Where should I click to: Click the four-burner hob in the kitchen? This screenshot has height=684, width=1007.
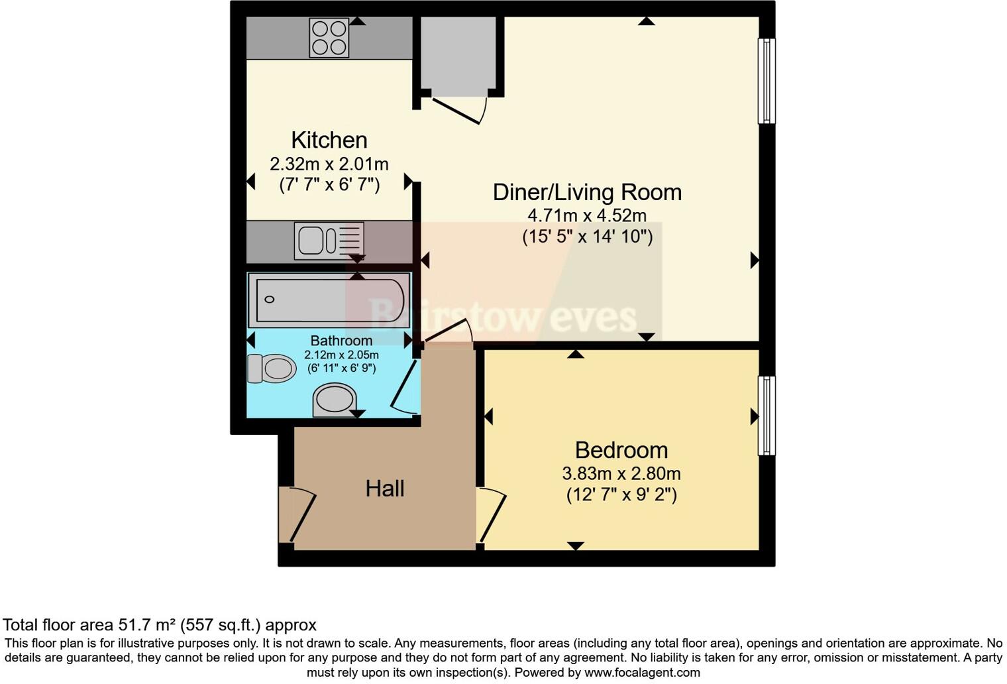329,38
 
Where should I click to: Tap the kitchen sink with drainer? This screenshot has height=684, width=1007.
329,239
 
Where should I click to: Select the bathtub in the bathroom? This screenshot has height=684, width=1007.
329,300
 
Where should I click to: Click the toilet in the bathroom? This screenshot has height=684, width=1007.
272,369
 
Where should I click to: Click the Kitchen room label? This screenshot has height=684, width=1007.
329,141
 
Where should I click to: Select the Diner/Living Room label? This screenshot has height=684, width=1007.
587,192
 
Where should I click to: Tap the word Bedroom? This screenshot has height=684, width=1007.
621,451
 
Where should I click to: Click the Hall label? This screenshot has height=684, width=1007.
384,489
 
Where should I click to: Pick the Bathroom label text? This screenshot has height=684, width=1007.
341,341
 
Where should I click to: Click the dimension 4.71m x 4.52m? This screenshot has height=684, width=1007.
587,215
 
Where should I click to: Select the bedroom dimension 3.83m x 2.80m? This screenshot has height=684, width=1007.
621,474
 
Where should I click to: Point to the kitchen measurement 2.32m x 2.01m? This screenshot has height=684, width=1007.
329,164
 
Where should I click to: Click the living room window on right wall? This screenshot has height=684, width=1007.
766,81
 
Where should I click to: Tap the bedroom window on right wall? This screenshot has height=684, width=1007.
766,416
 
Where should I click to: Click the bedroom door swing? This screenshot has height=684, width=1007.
492,514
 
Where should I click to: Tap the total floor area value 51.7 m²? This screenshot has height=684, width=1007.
148,625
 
